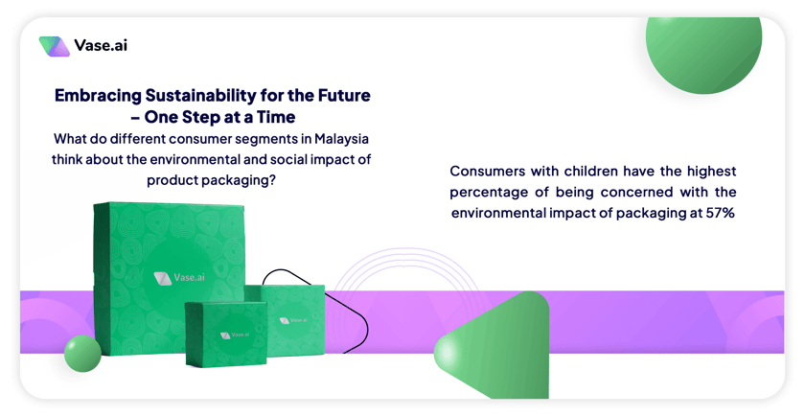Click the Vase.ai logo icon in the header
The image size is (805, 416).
point(54,46)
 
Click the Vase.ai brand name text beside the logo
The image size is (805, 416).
point(101,45)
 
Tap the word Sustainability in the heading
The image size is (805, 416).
point(199,96)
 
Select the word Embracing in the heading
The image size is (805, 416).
point(98,96)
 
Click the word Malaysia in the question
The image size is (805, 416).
point(342,139)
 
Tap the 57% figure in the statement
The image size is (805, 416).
point(721,213)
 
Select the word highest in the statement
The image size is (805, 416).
point(711,171)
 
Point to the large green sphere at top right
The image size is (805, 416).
point(703,52)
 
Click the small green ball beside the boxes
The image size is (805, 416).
point(82,354)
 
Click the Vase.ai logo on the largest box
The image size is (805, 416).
point(179,278)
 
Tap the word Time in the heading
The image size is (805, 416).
point(276,117)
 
